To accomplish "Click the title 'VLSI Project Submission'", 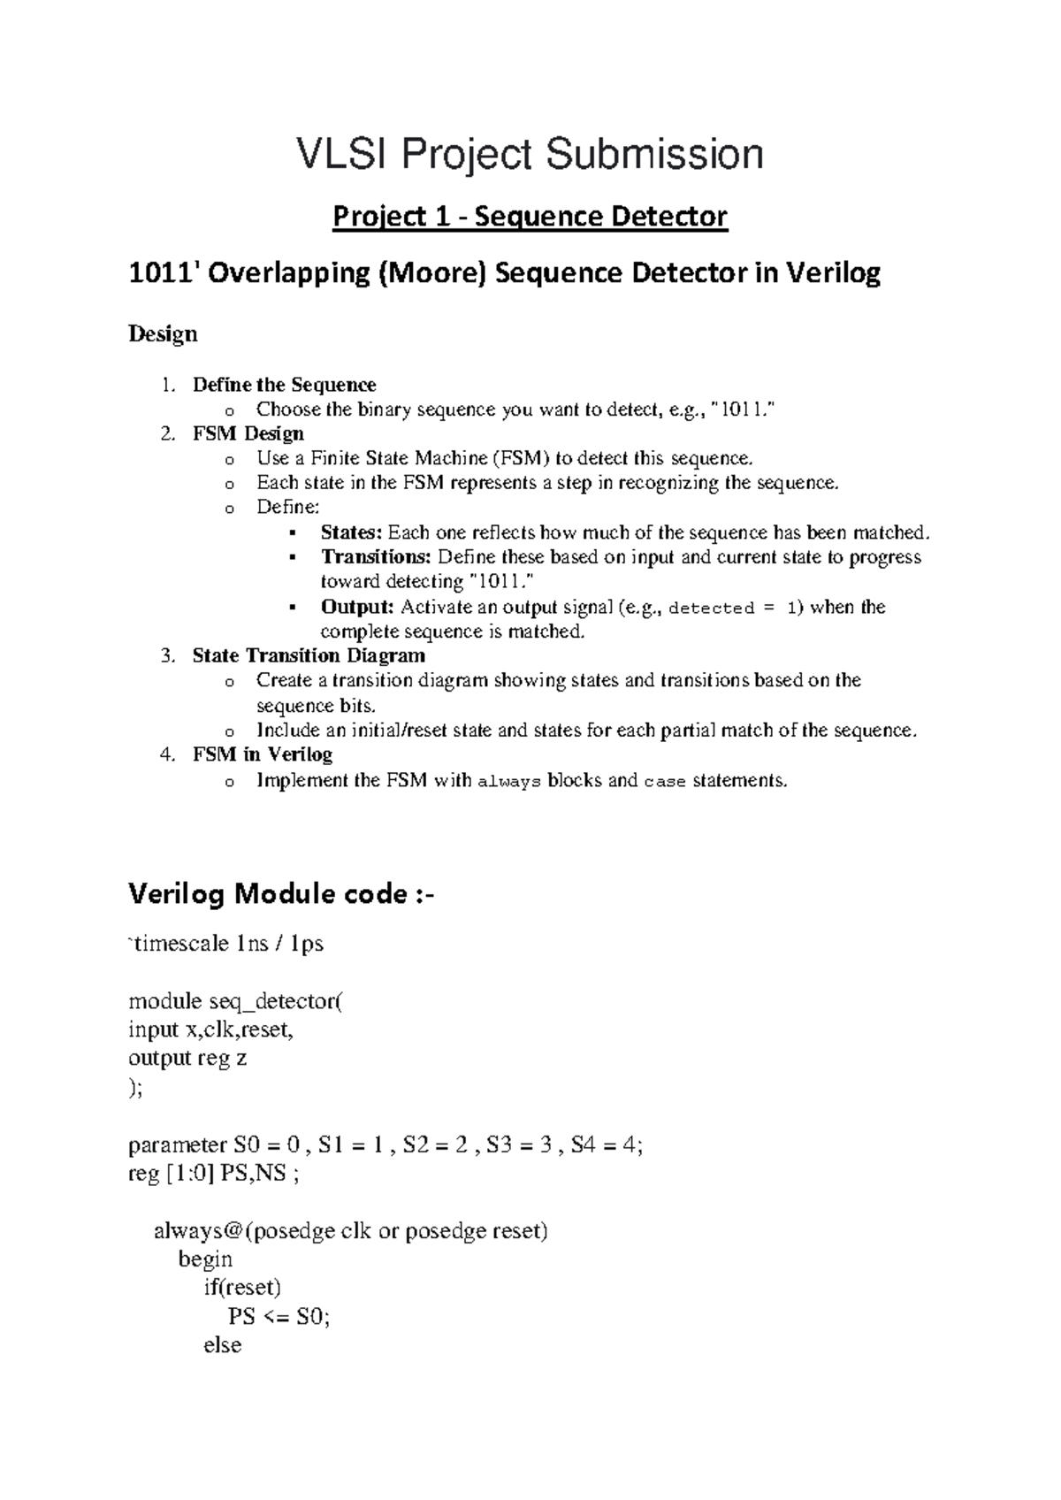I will click(x=530, y=154).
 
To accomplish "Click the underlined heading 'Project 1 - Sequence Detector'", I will click(x=530, y=217).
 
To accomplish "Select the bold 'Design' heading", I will click(x=163, y=334).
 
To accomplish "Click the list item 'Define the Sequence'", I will click(x=284, y=385).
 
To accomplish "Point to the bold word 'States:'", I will click(x=351, y=532).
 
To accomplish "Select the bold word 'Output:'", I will click(x=357, y=607).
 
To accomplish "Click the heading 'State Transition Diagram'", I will click(x=309, y=655).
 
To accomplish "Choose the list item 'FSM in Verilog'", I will click(x=262, y=754).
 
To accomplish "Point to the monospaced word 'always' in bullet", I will click(x=508, y=782).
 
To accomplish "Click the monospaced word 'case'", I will click(x=665, y=782).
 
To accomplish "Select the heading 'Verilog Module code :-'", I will click(x=282, y=894).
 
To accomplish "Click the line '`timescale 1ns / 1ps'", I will click(x=226, y=944).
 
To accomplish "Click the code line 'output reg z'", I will click(x=187, y=1059).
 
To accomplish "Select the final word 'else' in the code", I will click(x=222, y=1345).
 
